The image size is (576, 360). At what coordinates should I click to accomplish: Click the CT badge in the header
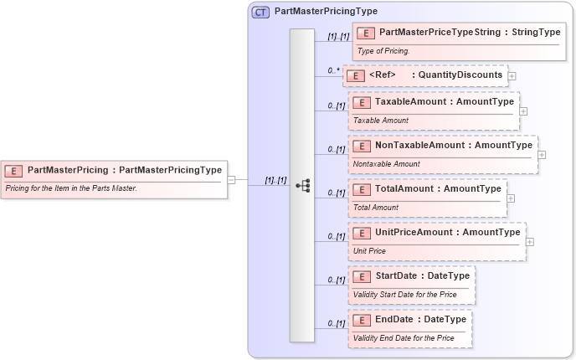(x=260, y=12)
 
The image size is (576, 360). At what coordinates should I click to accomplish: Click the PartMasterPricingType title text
(x=326, y=12)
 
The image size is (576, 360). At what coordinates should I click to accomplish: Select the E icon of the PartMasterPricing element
(x=14, y=170)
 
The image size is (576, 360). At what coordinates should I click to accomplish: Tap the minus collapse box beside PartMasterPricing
(x=242, y=179)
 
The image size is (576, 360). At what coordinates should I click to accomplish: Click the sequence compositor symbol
(x=302, y=185)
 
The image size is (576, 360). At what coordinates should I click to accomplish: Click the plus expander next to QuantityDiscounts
(x=512, y=76)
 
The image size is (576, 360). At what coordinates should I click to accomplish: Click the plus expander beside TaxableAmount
(x=523, y=111)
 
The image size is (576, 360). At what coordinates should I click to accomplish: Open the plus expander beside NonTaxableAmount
(x=542, y=154)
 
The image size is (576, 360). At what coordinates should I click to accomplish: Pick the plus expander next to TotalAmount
(x=512, y=198)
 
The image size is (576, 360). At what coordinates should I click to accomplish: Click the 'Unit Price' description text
(x=369, y=250)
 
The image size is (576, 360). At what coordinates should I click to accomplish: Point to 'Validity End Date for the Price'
(x=404, y=337)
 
